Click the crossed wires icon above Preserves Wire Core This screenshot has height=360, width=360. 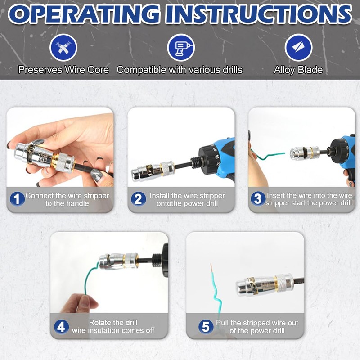click(63, 48)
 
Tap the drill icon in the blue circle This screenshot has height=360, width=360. click(181, 48)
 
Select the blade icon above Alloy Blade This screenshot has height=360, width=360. click(298, 48)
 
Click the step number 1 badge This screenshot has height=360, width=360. click(17, 199)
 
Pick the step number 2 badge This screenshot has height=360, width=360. click(139, 199)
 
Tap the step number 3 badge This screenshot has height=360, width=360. click(258, 199)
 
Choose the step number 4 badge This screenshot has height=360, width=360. click(61, 327)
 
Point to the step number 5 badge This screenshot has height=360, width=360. click(206, 327)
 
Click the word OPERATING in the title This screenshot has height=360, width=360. click(84, 14)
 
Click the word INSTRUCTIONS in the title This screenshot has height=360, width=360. click(259, 14)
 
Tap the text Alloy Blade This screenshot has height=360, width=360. click(298, 70)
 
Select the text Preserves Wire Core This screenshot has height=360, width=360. click(63, 70)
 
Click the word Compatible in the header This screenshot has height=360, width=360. click(141, 70)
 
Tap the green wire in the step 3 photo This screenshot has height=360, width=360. click(267, 155)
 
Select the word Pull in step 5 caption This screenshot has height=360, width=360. click(222, 323)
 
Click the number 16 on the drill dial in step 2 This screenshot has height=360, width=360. click(215, 149)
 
